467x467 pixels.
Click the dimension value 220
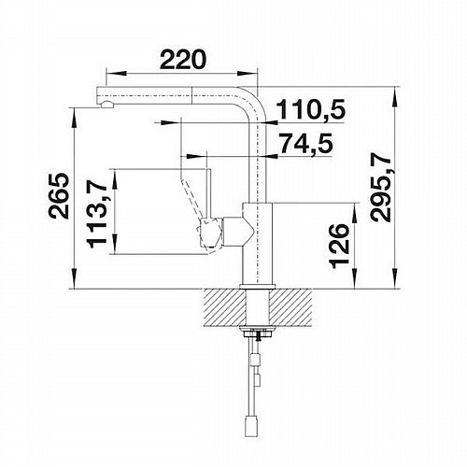tap(183, 59)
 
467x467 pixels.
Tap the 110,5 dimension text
tap(312, 109)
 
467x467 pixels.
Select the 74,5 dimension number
tap(306, 144)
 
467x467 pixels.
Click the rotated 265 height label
tap(58, 196)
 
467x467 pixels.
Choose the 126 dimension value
tap(339, 246)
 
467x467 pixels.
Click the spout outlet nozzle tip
tap(107, 105)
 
